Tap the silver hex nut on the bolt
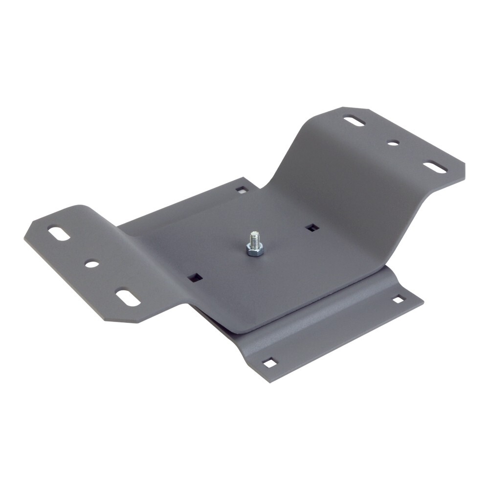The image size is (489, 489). tap(254, 251)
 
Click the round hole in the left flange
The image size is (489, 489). tap(91, 264)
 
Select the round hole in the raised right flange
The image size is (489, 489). tap(392, 143)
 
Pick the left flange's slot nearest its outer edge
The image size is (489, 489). tap(58, 234)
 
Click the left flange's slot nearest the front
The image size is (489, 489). tap(127, 298)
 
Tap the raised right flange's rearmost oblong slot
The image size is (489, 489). tap(354, 121)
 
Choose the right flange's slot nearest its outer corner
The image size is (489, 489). tap(435, 168)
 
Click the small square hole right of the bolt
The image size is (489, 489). tap(311, 227)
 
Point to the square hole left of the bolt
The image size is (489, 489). tap(195, 278)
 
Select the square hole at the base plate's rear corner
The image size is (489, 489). tap(242, 189)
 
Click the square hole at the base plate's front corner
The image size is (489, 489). tap(269, 363)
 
